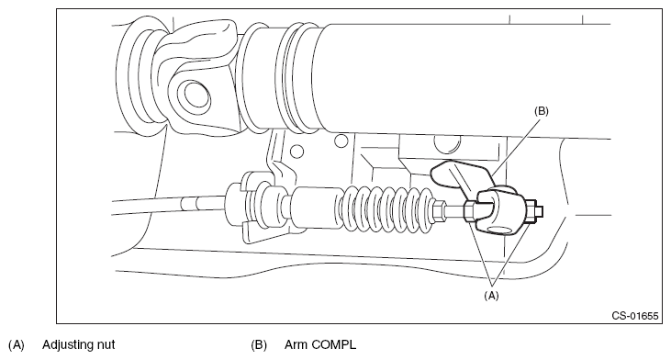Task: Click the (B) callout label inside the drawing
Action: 541,111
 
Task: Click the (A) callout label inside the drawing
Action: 491,296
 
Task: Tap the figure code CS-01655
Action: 634,316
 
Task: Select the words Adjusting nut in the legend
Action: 78,344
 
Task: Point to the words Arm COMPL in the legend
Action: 320,344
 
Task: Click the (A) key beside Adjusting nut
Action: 17,344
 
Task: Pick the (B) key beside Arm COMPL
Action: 259,344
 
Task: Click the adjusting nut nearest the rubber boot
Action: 469,211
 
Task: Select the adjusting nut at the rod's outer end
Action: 531,211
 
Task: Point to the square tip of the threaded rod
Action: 540,211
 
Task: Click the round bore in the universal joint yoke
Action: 197,96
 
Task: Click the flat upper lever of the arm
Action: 458,174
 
